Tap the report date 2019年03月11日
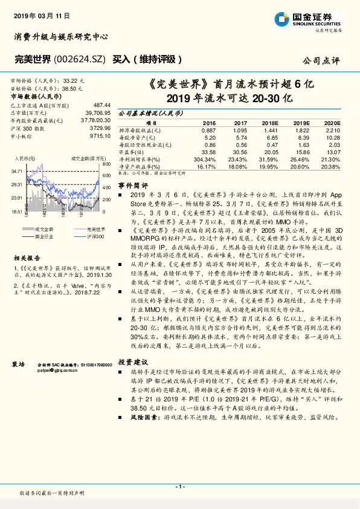[36, 13]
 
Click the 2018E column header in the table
[270, 122]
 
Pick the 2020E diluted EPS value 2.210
[333, 130]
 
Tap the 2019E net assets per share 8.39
[301, 137]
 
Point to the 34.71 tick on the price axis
[16, 172]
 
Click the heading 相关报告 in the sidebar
[25, 257]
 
